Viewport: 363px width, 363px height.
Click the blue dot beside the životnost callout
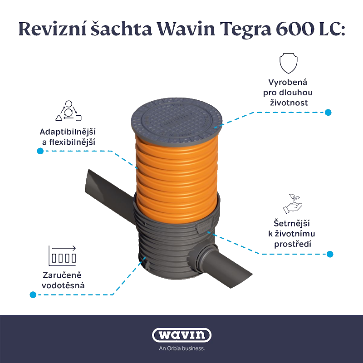[x=329, y=112]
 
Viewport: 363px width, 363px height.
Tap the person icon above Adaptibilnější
[x=68, y=110]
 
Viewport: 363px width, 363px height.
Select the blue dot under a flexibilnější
[x=40, y=151]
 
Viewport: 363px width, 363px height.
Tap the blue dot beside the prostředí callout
[x=330, y=254]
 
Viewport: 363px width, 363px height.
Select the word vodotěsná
[x=62, y=286]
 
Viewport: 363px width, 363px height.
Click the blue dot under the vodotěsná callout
[x=33, y=295]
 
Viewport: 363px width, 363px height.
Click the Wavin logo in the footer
[x=181, y=336]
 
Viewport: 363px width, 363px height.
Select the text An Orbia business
[x=181, y=349]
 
